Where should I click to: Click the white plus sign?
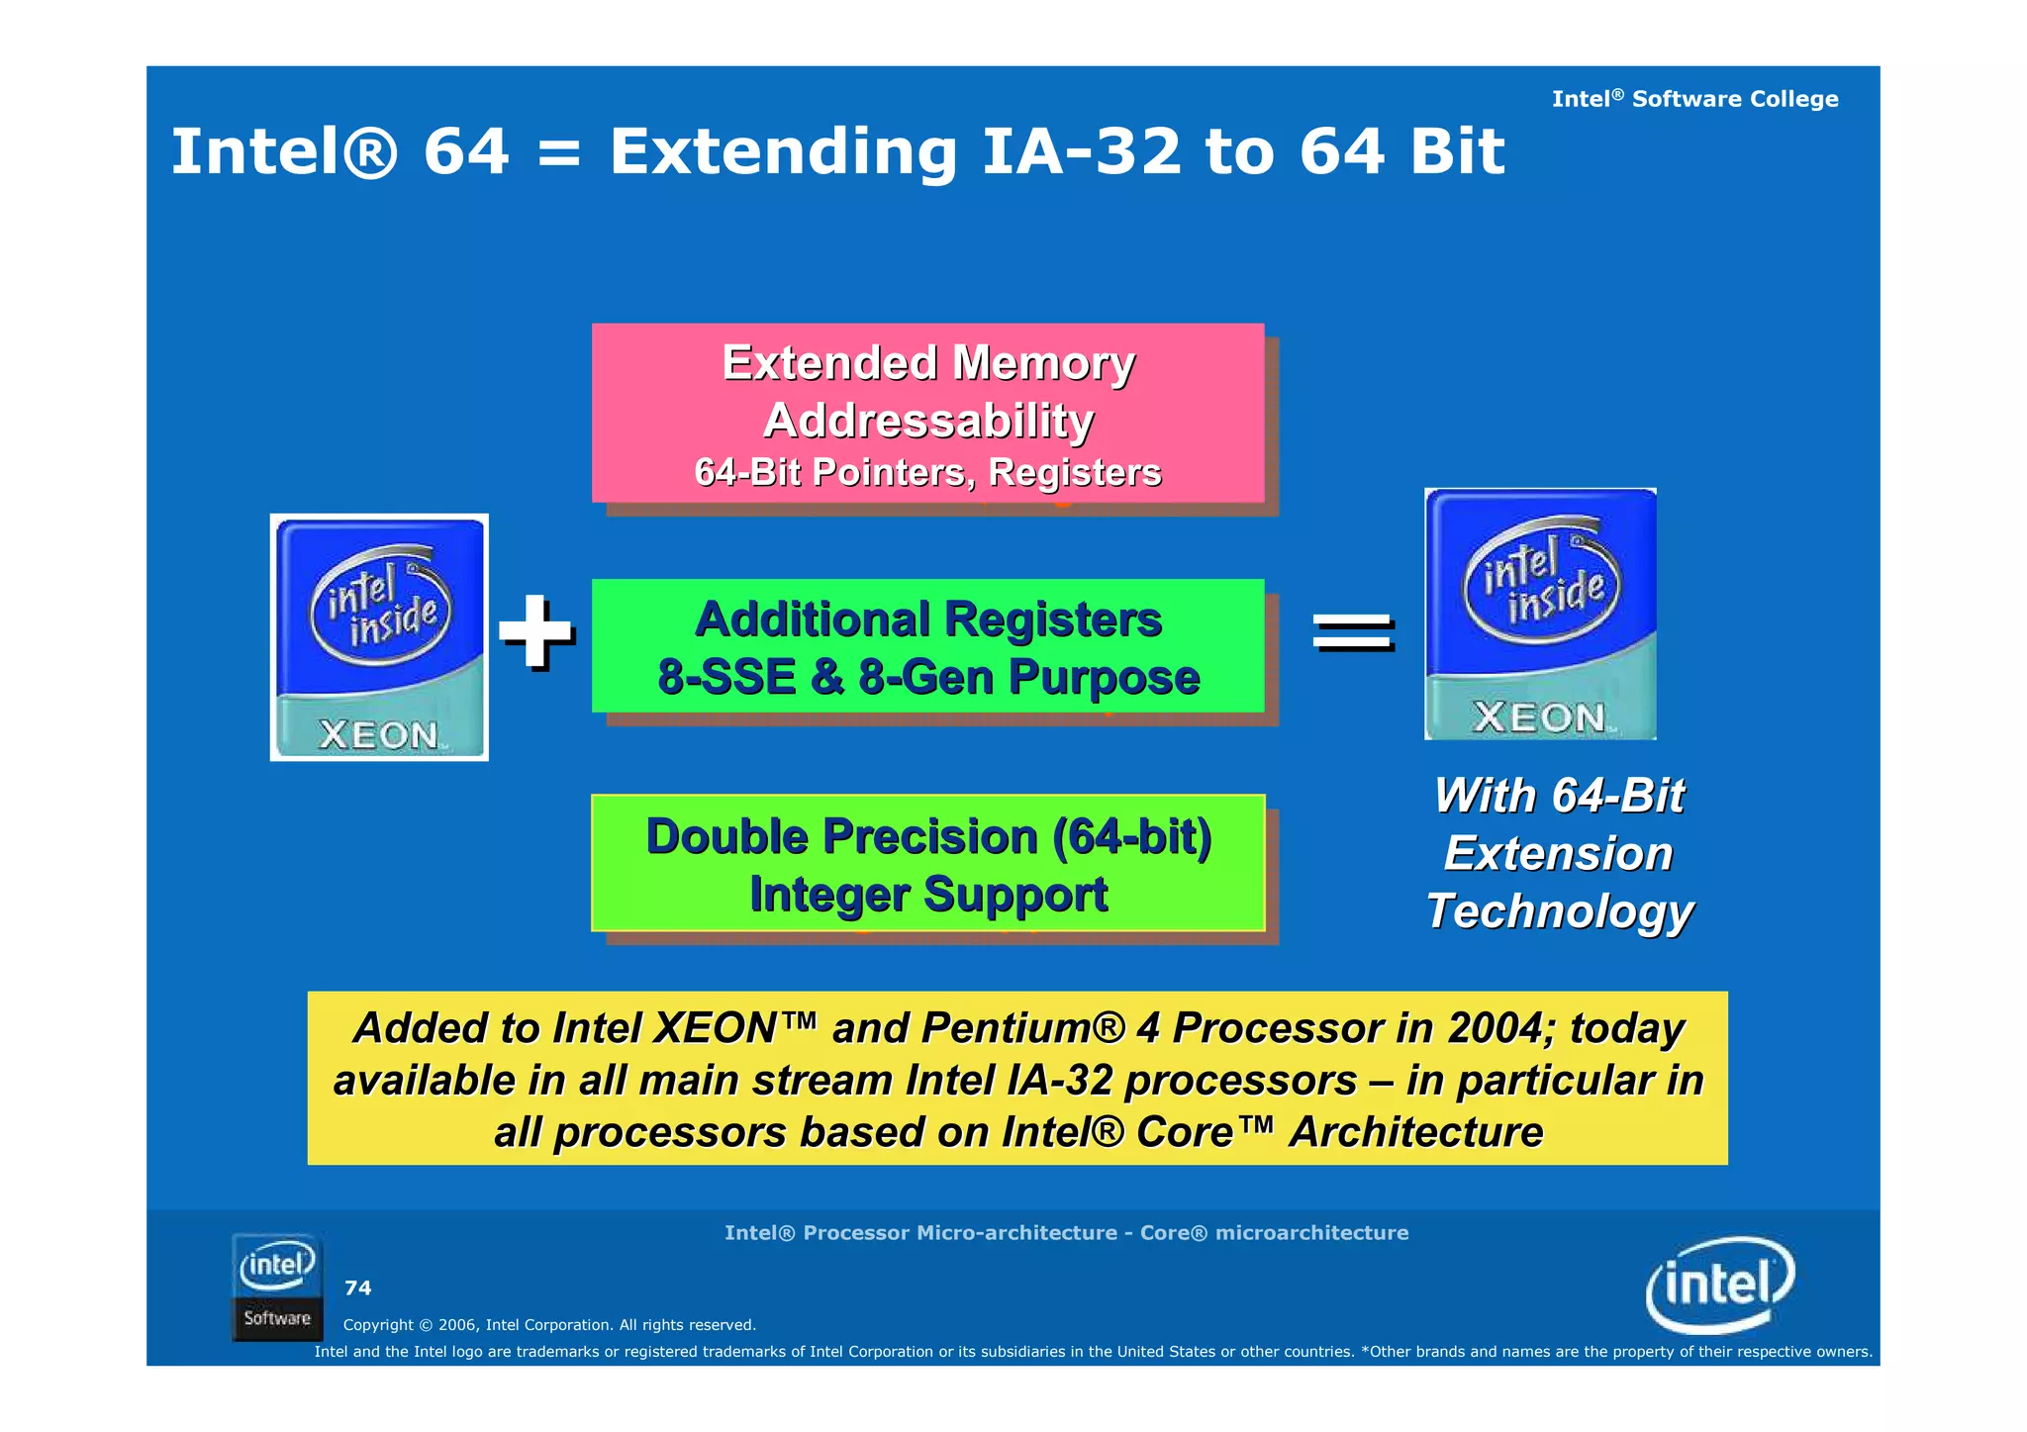[535, 630]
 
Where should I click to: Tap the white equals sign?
[1353, 630]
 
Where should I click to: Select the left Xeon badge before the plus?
[379, 637]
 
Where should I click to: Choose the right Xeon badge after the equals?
[1540, 614]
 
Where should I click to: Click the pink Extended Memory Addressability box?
[927, 413]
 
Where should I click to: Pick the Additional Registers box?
[927, 645]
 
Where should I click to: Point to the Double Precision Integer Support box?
[927, 863]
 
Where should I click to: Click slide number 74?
[357, 1288]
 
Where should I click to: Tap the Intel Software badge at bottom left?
[277, 1287]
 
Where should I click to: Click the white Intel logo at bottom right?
[1719, 1285]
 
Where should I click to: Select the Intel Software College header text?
[1694, 99]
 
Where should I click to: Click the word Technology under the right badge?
[1560, 911]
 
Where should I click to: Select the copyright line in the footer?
[549, 1325]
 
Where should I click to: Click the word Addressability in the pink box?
[928, 421]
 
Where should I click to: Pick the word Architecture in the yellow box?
[1415, 1132]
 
